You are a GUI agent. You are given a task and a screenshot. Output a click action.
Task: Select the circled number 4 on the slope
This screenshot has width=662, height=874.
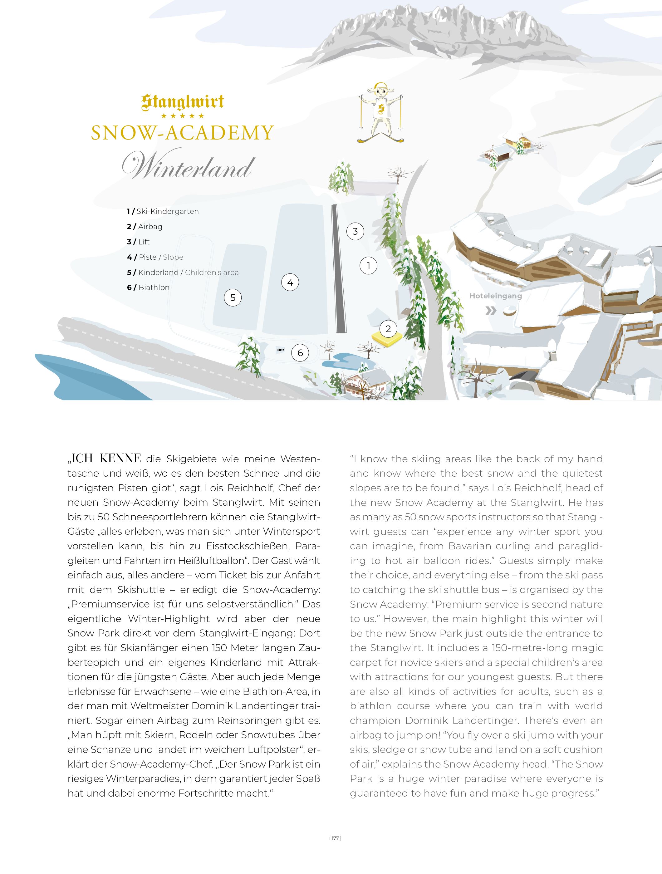(290, 282)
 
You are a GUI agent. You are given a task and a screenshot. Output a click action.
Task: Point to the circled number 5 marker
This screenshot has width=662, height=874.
(233, 297)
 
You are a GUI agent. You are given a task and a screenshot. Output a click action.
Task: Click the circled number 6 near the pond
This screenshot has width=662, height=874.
(300, 352)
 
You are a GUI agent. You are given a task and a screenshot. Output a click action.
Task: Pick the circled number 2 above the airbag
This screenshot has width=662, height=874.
(388, 328)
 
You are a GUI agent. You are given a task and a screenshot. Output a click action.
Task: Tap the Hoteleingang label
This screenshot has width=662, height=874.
(495, 296)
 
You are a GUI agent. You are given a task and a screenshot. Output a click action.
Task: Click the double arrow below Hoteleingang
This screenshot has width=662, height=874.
(491, 311)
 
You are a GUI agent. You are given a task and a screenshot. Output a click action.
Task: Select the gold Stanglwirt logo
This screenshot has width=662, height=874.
(183, 102)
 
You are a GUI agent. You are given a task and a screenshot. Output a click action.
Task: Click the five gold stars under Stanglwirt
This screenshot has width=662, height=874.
(183, 116)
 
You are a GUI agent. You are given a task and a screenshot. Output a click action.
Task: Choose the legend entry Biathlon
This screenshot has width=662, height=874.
(154, 288)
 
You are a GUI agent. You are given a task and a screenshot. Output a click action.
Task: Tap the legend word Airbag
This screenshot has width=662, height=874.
(150, 227)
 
